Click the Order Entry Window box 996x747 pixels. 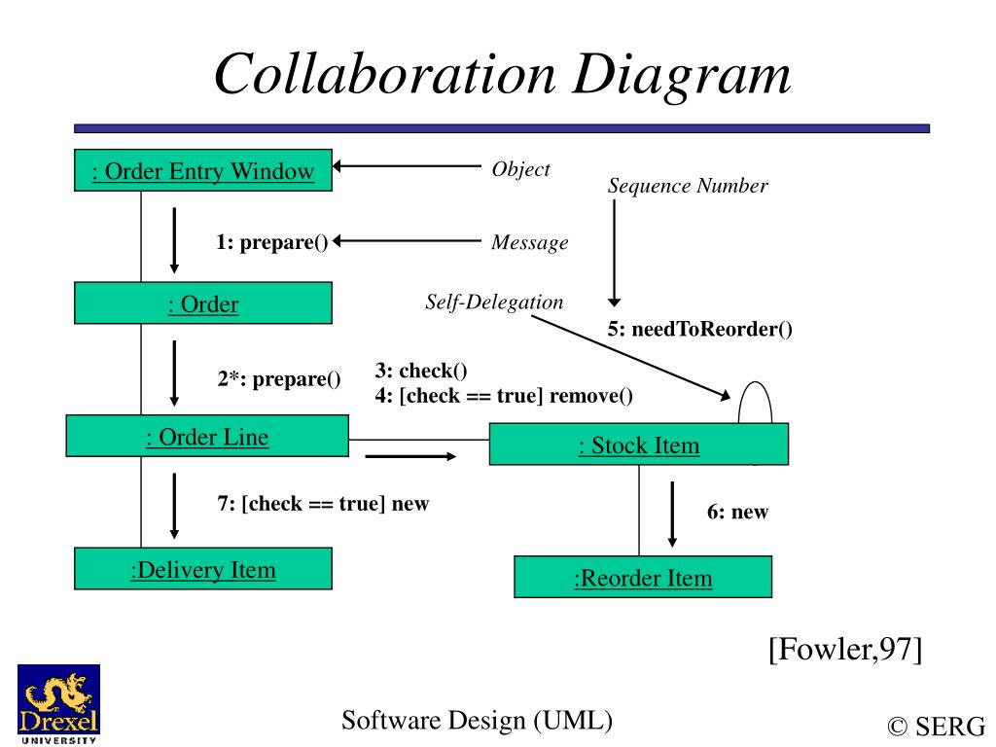tap(203, 172)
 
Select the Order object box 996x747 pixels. tap(203, 303)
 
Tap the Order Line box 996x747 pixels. tap(207, 437)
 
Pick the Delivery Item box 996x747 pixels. tap(203, 569)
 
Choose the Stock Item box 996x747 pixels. tap(639, 445)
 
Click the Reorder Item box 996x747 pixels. tap(643, 578)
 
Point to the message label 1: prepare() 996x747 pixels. tap(272, 242)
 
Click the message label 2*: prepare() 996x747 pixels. tap(279, 378)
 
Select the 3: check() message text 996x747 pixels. tap(421, 371)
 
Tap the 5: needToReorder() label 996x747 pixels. tap(700, 329)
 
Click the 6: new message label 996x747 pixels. tap(737, 512)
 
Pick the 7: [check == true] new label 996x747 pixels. tap(323, 504)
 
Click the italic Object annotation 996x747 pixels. tap(521, 169)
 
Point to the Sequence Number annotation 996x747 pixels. tap(688, 186)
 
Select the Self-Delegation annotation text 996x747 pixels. tap(494, 302)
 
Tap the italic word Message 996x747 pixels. tap(529, 243)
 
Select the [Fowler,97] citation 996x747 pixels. tap(844, 648)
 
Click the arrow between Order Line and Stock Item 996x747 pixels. tap(409, 455)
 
